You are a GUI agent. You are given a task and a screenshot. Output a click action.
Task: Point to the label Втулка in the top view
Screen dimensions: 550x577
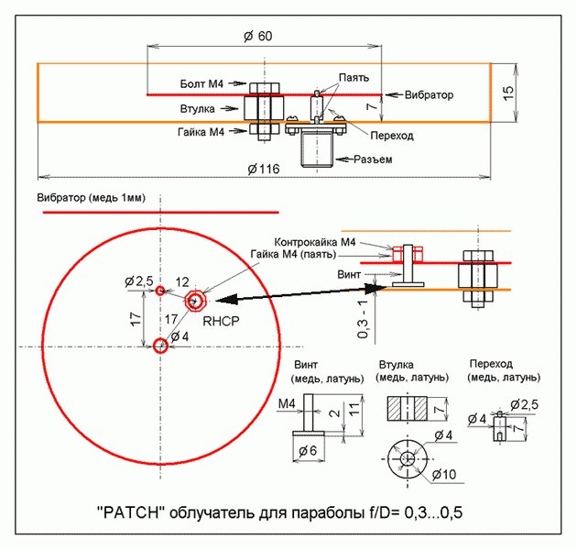198,108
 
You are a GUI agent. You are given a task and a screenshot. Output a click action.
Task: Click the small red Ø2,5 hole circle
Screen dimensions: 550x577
160,291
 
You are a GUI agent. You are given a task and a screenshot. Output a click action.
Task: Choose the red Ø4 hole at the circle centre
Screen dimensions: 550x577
160,345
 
